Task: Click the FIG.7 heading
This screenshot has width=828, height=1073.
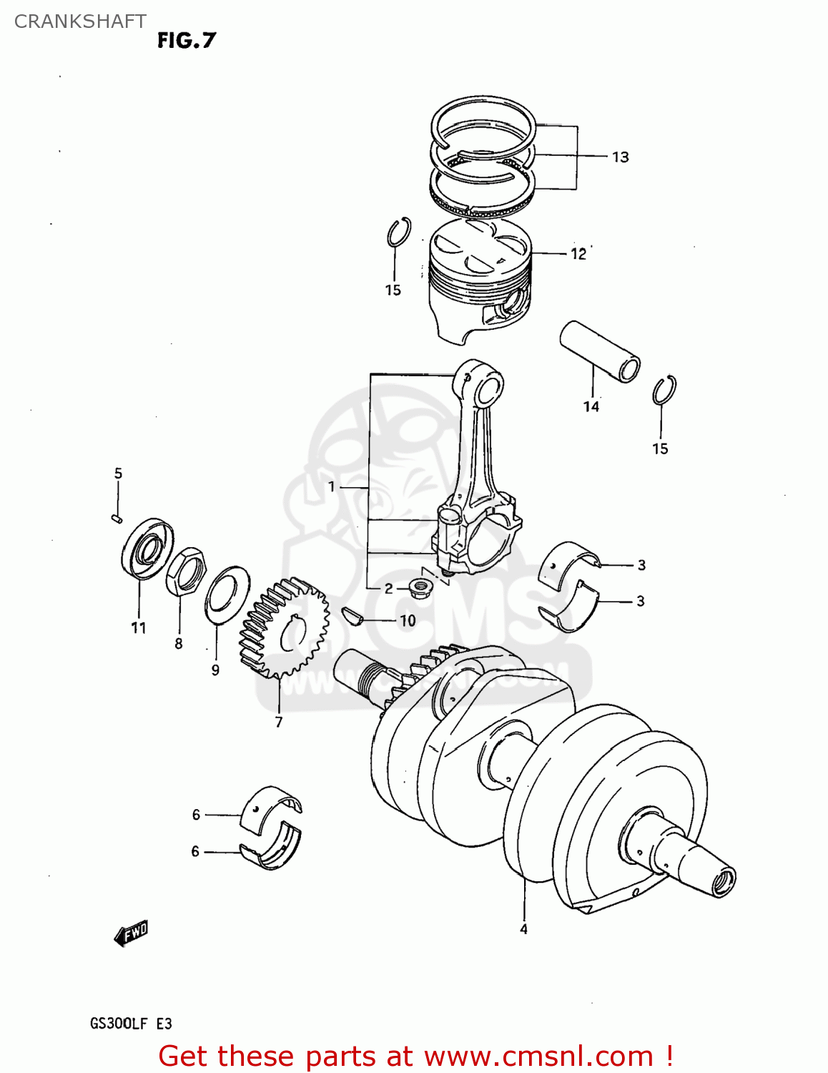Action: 186,41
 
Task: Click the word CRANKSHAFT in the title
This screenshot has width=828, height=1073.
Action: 80,21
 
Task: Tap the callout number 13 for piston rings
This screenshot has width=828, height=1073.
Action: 620,157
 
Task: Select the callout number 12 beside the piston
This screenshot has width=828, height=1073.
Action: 578,254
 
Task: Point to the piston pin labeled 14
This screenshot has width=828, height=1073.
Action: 599,351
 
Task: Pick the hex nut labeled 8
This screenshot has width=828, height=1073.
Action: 187,572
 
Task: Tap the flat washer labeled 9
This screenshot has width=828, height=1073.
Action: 227,594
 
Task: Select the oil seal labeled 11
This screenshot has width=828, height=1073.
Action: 147,547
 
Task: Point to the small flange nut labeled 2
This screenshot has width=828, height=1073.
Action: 419,589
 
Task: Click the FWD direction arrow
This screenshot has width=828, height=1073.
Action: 131,933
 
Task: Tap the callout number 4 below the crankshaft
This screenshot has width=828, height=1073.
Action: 523,929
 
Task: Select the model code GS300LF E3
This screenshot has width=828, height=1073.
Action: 131,1024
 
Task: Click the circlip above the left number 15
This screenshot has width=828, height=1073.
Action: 399,232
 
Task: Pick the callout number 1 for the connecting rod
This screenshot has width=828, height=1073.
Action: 331,487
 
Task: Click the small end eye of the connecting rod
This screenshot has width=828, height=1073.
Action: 488,389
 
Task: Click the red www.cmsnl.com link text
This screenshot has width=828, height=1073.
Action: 538,1056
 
